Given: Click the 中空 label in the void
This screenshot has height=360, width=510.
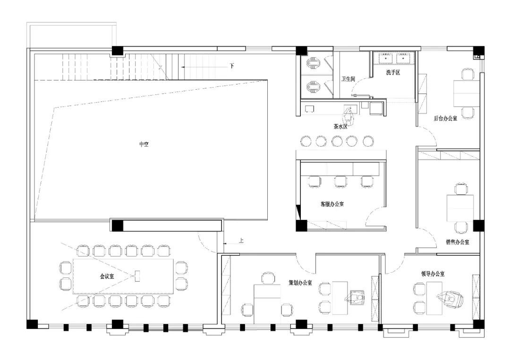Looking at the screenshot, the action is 144,144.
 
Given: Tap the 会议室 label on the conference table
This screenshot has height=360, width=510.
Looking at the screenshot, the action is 107,276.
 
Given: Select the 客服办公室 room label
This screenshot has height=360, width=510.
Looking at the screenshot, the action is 332,204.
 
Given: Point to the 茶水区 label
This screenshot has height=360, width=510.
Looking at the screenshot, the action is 340,126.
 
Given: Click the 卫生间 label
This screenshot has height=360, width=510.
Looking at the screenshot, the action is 348,79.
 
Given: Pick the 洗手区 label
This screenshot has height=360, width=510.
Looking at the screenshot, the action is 393,73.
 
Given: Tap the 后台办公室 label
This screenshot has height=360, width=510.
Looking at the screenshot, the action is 445,118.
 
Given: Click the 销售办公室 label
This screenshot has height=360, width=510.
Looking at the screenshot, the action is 457,242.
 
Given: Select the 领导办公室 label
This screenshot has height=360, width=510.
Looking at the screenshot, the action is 433,274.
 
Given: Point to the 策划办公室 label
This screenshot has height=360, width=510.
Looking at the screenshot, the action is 300,283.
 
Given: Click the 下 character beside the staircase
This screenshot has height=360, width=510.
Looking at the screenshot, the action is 232,66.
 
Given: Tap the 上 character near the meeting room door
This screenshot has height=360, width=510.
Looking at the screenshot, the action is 241,241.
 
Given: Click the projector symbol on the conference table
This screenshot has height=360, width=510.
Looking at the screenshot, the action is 137,276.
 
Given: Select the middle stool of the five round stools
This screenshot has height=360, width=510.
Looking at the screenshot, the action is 337,142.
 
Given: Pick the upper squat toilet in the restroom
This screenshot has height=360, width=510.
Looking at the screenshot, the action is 314,62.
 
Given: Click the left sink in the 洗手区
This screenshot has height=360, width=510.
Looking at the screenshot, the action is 386,58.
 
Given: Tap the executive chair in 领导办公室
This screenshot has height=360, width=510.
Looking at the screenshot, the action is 450,298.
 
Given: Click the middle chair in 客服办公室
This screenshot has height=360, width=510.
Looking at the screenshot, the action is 340,182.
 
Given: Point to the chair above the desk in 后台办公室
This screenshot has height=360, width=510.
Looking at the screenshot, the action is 467,75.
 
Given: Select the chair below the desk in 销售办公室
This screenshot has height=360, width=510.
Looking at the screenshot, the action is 460,227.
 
